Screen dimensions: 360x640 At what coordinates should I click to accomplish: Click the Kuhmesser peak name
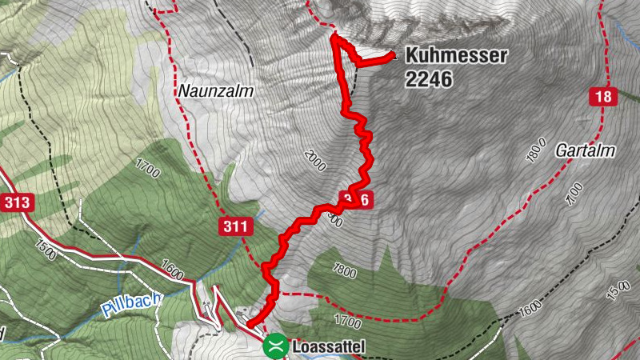[457, 56]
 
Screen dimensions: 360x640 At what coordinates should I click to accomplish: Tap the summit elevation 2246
[429, 79]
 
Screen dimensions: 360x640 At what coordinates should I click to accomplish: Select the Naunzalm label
[215, 91]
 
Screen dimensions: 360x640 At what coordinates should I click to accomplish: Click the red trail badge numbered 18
[605, 98]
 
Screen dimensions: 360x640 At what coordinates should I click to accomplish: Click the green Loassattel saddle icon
[275, 346]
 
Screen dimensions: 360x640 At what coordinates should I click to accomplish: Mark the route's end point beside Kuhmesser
[392, 55]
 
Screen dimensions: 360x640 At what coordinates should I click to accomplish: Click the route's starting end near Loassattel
[250, 324]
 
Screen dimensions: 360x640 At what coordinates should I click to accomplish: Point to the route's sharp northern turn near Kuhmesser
[334, 37]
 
